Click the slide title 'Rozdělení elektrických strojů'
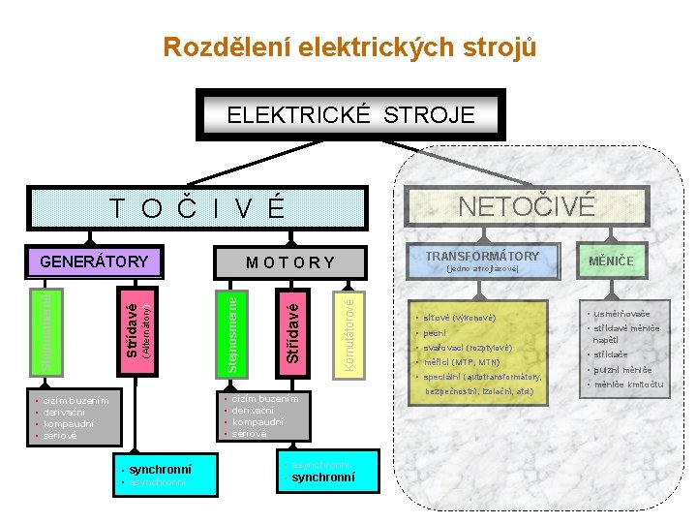[348, 46]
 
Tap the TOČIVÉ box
[197, 207]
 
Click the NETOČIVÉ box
[527, 206]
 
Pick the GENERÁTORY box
[94, 261]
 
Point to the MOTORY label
[290, 261]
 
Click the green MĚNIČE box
[612, 261]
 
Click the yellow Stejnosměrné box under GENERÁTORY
[45, 329]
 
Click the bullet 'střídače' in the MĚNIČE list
[612, 354]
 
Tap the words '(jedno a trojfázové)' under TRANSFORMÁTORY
[482, 268]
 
